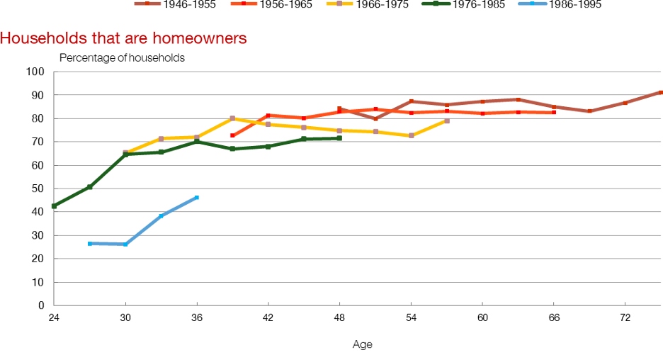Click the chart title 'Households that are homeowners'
click(123, 38)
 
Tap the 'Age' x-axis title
click(362, 344)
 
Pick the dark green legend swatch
click(436, 4)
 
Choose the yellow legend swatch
click(339, 4)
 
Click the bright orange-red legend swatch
click(244, 4)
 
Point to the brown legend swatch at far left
click(147, 4)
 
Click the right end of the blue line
click(198, 196)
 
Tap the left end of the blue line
click(89, 244)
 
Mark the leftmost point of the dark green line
click(53, 206)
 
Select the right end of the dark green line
click(341, 137)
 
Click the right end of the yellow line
click(447, 121)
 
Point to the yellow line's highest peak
click(232, 118)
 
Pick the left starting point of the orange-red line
click(232, 135)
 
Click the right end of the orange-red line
click(555, 112)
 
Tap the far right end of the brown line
click(660, 92)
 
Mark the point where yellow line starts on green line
click(126, 152)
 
